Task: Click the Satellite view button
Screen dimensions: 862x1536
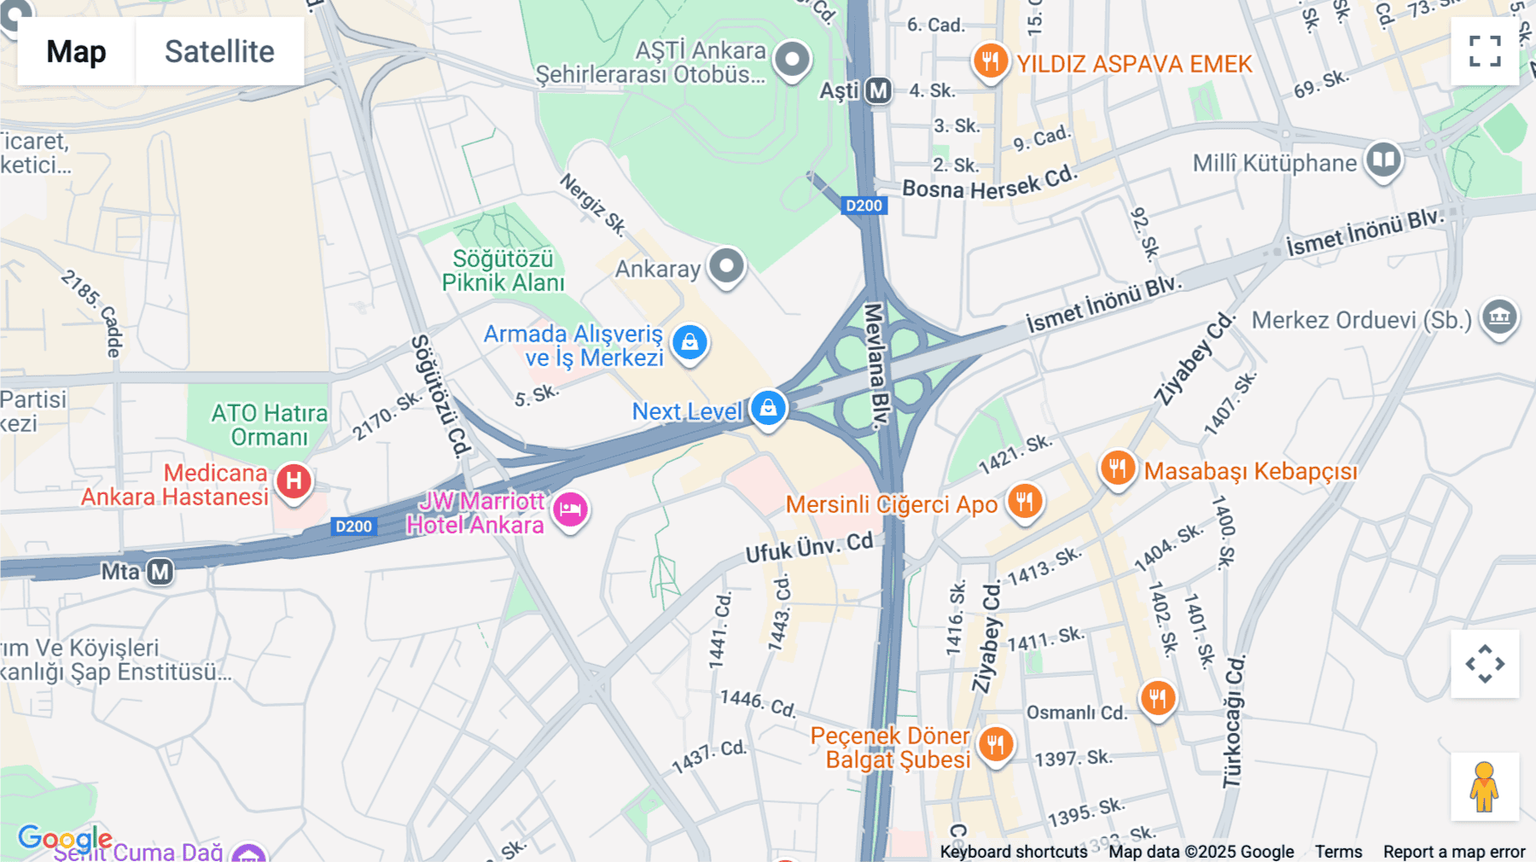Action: (219, 51)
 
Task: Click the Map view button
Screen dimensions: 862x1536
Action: (76, 51)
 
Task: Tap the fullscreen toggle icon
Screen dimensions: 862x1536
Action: (1485, 51)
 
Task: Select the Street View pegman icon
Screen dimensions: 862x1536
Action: (1485, 787)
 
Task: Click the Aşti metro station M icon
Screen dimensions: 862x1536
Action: (878, 90)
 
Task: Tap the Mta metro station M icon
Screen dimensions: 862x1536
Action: (160, 572)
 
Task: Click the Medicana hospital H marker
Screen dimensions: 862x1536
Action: (294, 481)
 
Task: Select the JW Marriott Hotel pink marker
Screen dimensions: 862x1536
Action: (570, 510)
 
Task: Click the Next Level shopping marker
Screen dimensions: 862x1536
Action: (768, 408)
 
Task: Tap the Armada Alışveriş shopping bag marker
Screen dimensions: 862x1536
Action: (689, 342)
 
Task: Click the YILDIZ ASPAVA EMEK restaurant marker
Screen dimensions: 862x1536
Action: (990, 61)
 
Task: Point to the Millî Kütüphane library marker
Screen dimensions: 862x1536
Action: (1383, 160)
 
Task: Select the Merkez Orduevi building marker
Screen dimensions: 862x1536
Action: (1499, 317)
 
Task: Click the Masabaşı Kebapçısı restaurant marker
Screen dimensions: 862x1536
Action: (1117, 468)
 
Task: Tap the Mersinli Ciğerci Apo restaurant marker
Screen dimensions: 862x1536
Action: (1025, 501)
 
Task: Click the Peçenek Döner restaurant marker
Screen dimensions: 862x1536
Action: (995, 744)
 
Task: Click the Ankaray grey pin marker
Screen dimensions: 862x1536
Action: (726, 266)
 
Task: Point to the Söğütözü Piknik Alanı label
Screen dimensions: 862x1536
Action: (503, 271)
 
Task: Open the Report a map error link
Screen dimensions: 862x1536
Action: (1453, 851)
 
